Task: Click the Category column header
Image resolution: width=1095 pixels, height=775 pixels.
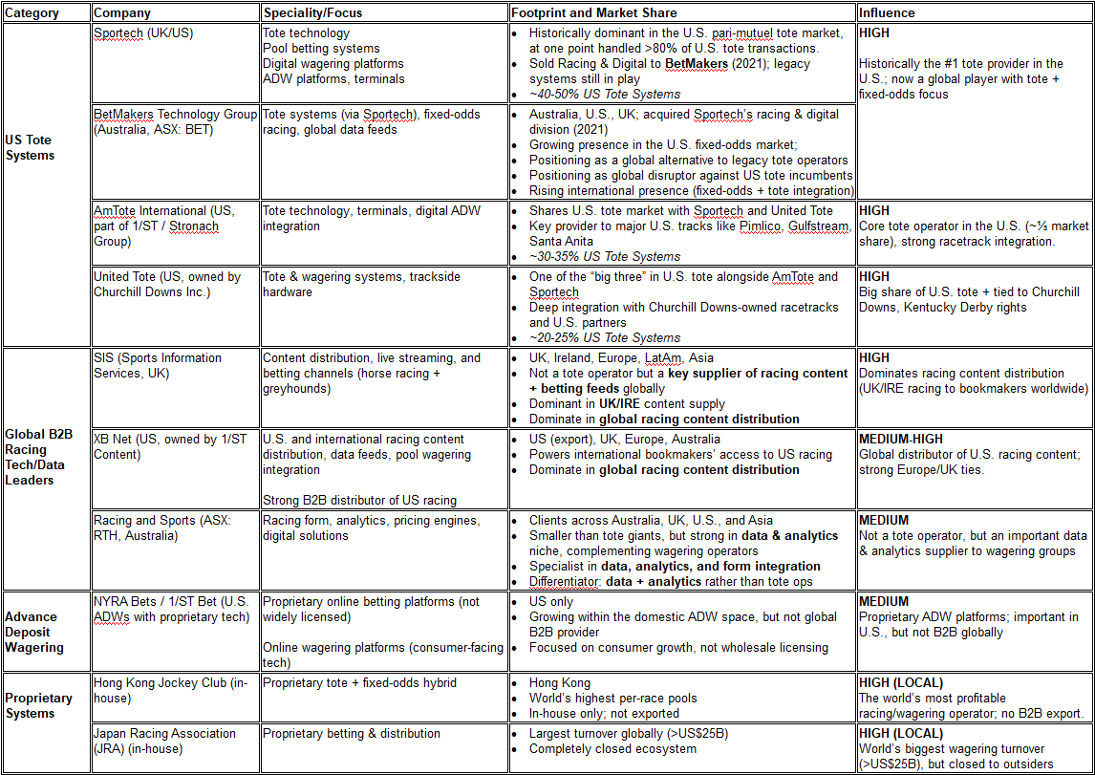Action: [32, 13]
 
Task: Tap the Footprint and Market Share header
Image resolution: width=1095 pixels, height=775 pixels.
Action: [594, 13]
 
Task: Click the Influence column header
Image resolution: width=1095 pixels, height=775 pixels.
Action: [887, 13]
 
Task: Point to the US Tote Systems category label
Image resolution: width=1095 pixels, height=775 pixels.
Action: [31, 147]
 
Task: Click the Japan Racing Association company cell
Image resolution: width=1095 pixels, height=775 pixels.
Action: [164, 741]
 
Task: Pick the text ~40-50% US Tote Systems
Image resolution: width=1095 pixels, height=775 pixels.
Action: [605, 94]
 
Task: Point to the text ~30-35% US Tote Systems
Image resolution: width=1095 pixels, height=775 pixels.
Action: [605, 256]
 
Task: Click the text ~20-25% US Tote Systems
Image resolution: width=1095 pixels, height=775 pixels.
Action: [605, 337]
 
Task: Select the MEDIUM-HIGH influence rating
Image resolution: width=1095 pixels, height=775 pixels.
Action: [901, 439]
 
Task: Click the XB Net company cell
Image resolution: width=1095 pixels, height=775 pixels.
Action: [169, 446]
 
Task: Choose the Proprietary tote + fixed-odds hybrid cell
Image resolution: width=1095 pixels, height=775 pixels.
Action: [359, 683]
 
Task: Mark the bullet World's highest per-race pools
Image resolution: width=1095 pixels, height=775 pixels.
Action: [613, 699]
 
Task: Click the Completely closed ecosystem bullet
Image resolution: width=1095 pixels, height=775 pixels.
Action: [612, 748]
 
